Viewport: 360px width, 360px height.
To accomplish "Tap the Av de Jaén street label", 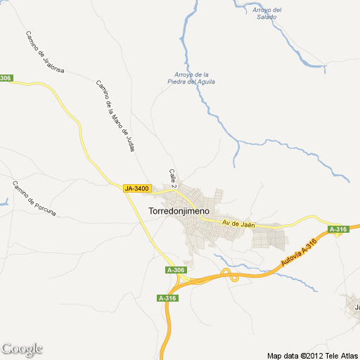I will point(237,224).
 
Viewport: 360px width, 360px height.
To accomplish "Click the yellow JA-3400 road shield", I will point(136,188).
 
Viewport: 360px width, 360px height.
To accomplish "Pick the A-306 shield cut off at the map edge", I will point(6,78).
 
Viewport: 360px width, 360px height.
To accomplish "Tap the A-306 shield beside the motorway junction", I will point(176,270).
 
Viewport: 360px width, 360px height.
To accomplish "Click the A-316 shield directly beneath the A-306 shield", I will point(167,298).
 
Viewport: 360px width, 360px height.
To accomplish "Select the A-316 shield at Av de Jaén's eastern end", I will point(338,229).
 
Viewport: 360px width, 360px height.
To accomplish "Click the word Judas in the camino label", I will point(129,139).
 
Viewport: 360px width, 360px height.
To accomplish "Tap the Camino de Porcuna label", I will point(33,198).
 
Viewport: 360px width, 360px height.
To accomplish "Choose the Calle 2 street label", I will point(172,177).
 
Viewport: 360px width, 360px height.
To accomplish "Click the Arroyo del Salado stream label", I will point(267,13).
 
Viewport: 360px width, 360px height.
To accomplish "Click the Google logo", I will point(22,349).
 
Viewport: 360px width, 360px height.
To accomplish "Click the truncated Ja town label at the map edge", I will point(356,307).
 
